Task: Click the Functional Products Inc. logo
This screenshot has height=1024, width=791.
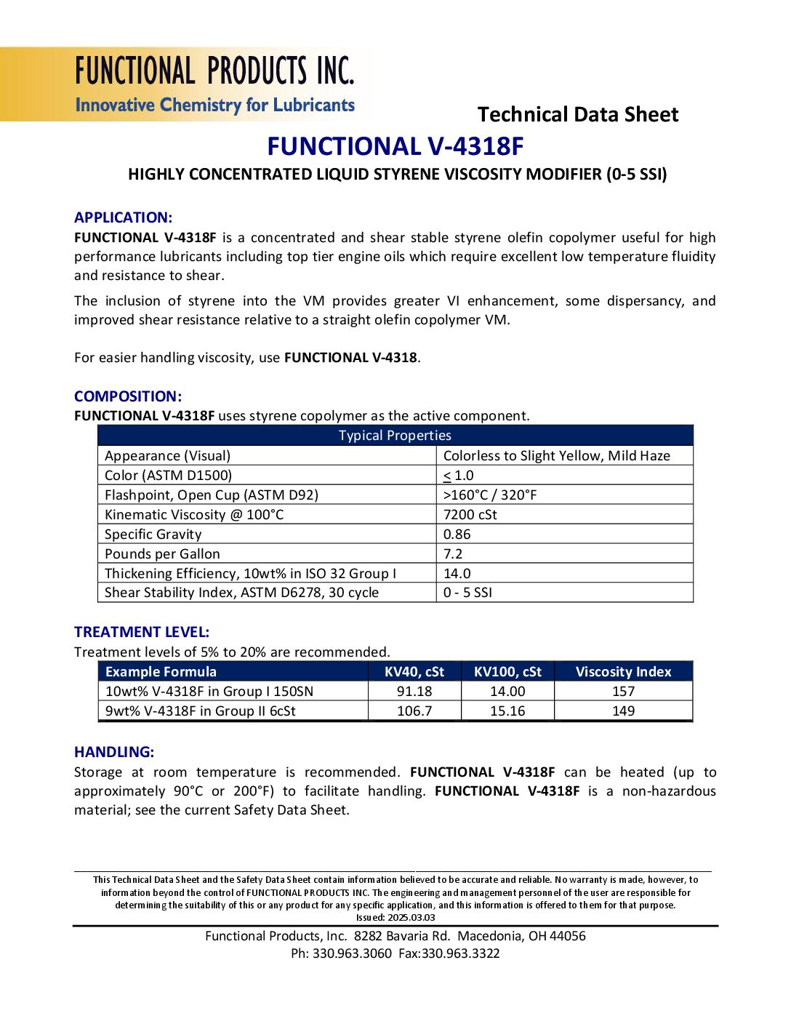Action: click(x=214, y=84)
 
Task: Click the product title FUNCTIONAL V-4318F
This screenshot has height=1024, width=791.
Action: click(x=395, y=147)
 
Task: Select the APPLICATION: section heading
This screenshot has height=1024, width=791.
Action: click(x=123, y=217)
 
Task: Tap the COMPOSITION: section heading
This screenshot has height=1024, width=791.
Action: click(x=128, y=396)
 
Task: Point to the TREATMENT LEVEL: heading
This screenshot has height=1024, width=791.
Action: click(x=142, y=632)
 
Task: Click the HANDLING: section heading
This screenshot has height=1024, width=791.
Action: click(x=114, y=752)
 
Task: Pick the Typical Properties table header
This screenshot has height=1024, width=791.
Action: click(x=395, y=436)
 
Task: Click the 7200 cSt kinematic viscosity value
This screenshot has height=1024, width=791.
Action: click(x=470, y=515)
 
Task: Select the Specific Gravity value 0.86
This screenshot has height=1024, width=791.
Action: click(x=457, y=535)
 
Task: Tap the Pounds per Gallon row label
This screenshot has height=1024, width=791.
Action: click(x=162, y=554)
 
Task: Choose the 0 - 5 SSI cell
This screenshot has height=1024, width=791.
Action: click(x=467, y=593)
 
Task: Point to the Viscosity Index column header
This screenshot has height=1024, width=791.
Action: click(x=623, y=672)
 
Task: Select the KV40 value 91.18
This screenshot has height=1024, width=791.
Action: click(x=414, y=692)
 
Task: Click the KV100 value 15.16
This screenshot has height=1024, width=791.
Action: click(x=507, y=711)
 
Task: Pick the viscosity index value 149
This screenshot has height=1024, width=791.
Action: click(x=623, y=711)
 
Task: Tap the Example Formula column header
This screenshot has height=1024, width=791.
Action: click(x=161, y=672)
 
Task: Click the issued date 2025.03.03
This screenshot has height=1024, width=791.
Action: click(x=411, y=918)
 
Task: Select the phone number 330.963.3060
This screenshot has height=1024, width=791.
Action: click(x=352, y=953)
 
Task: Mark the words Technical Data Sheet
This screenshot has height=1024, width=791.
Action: click(x=578, y=115)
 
